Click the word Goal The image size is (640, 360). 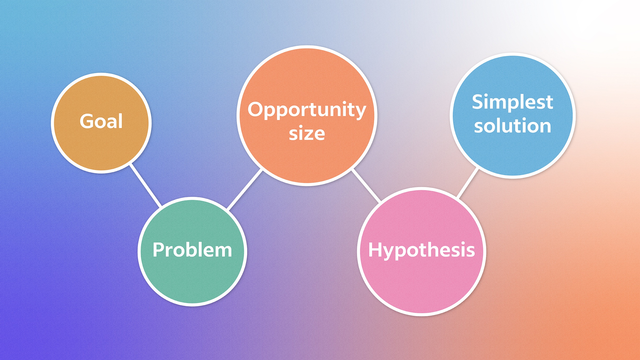click(101, 121)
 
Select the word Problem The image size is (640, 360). click(192, 250)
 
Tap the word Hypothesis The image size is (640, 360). click(421, 250)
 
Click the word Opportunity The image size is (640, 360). click(307, 110)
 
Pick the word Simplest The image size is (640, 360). click(513, 102)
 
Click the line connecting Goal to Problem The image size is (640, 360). click(146, 185)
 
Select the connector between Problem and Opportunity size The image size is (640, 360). click(245, 190)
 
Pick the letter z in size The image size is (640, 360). click(307, 135)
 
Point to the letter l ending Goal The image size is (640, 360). click(120, 121)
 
